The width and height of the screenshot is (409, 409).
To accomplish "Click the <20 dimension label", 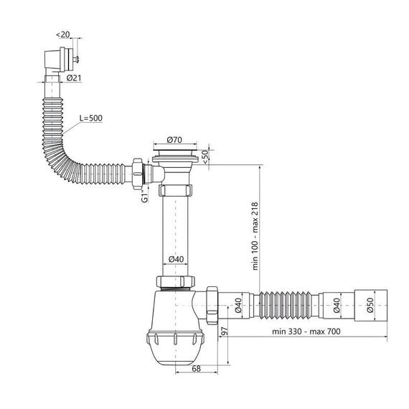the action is [x=63, y=34].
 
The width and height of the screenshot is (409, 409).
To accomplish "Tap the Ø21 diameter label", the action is [x=74, y=77].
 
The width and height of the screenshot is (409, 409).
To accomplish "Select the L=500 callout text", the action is [x=91, y=118].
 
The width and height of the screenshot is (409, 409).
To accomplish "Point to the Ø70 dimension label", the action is [x=174, y=140].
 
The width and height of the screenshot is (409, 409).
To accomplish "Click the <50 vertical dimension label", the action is [x=205, y=156].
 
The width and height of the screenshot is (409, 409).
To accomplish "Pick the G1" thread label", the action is [x=144, y=196].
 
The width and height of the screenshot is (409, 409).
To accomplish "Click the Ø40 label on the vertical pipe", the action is [x=176, y=259].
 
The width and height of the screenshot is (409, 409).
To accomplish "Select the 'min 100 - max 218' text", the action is [x=255, y=236].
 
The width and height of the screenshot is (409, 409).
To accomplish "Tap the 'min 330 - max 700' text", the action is [x=306, y=332].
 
